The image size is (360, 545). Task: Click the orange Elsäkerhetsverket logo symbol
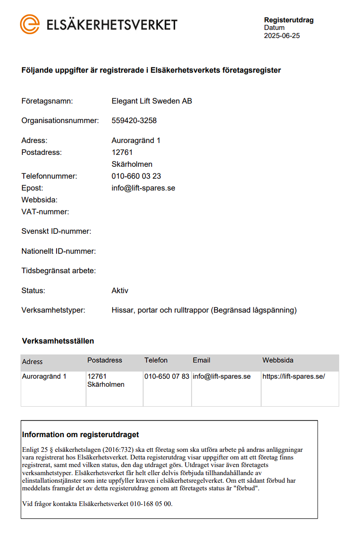[x=29, y=24]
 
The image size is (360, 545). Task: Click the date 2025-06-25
[x=282, y=36]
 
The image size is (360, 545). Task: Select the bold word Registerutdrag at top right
[x=289, y=20]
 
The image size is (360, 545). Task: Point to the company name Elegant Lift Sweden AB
[x=152, y=101]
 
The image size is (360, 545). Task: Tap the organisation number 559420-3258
[x=134, y=121]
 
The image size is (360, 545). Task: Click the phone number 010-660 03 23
[x=136, y=176]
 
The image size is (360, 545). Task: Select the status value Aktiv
[x=120, y=291]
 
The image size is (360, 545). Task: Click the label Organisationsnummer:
[x=60, y=121]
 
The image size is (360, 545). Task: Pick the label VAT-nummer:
[x=45, y=212]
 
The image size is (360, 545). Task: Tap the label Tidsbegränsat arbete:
[x=58, y=271]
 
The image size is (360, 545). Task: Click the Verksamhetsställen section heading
[x=58, y=341]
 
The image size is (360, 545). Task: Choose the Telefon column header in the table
[x=156, y=361]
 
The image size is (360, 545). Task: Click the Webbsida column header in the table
[x=278, y=361]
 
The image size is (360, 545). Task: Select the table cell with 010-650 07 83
[x=166, y=377]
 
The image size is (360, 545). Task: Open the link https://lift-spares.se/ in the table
[x=293, y=377]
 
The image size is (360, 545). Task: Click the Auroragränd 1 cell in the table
[x=44, y=377]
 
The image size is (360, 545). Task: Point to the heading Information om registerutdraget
[x=80, y=435]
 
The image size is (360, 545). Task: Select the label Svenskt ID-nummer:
[x=56, y=231]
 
